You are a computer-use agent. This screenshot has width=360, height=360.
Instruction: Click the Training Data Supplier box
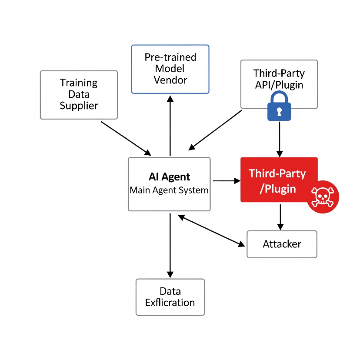[79, 95]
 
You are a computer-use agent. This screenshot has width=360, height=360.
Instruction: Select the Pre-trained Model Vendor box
[170, 69]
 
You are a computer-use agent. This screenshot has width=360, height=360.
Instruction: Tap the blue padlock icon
[279, 106]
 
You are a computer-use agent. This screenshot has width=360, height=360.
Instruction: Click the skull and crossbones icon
[322, 197]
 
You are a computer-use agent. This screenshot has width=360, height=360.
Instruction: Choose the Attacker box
[282, 244]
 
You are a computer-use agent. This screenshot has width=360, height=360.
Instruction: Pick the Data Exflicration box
[170, 297]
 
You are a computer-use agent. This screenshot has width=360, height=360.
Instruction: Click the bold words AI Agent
[169, 177]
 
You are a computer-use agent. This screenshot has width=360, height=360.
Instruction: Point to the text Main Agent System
[169, 190]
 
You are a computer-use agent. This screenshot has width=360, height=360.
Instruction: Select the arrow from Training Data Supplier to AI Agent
[126, 138]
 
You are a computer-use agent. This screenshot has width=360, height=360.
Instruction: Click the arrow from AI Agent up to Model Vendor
[170, 126]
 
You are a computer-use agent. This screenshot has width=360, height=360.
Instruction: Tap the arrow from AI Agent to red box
[226, 180]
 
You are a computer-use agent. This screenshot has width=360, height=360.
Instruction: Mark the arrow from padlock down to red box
[279, 139]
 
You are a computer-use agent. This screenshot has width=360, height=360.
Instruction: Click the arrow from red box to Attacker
[280, 217]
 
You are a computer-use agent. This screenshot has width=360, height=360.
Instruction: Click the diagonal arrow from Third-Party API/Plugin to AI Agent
[216, 129]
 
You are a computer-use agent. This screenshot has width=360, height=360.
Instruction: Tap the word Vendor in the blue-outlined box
[170, 80]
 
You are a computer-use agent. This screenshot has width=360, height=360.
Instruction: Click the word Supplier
[79, 105]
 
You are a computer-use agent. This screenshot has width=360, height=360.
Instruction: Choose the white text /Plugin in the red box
[277, 189]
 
